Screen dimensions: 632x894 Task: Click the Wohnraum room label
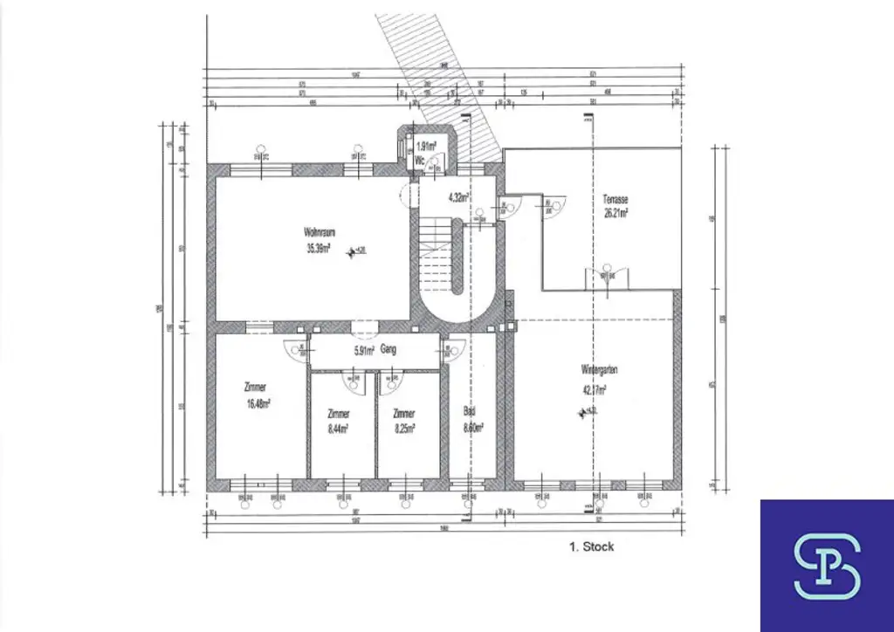pos(320,232)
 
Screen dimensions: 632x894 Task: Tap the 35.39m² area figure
pos(320,247)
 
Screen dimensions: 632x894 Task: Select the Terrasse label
pos(615,199)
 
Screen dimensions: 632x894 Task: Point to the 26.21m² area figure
pos(615,211)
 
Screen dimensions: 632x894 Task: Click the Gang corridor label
pos(389,350)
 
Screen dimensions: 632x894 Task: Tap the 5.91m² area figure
pos(364,351)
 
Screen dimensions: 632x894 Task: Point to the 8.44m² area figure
pos(339,428)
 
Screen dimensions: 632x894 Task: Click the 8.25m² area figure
pos(403,428)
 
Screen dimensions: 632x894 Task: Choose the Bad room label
pos(469,412)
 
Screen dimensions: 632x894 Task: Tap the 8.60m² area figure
pos(472,428)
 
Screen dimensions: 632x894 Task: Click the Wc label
pos(419,161)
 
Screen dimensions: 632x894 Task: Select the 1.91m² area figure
pos(426,146)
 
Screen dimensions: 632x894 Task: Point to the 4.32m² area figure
pos(459,197)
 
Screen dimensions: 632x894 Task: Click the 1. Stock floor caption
pos(591,546)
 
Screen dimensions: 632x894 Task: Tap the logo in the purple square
pos(827,566)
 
